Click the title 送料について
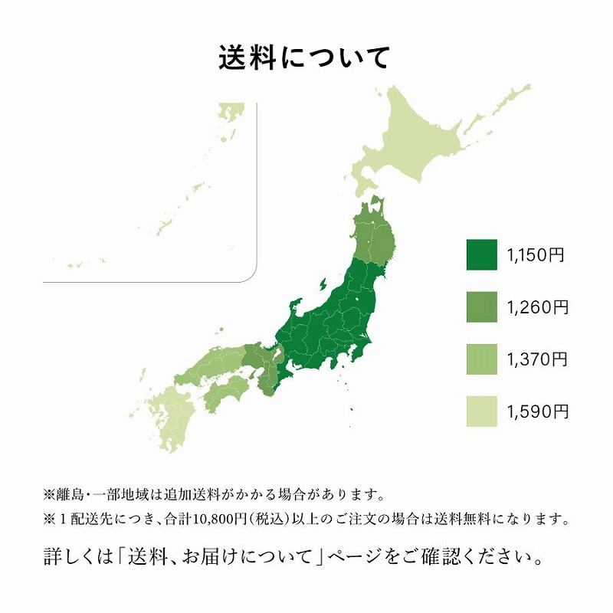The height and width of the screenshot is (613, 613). click(x=305, y=58)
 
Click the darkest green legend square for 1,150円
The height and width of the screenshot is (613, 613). click(x=481, y=255)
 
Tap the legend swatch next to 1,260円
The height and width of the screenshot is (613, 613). click(x=481, y=308)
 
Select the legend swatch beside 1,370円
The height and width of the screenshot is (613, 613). click(x=481, y=360)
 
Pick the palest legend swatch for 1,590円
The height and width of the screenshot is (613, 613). click(x=481, y=412)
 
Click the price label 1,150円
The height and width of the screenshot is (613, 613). click(x=536, y=255)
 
